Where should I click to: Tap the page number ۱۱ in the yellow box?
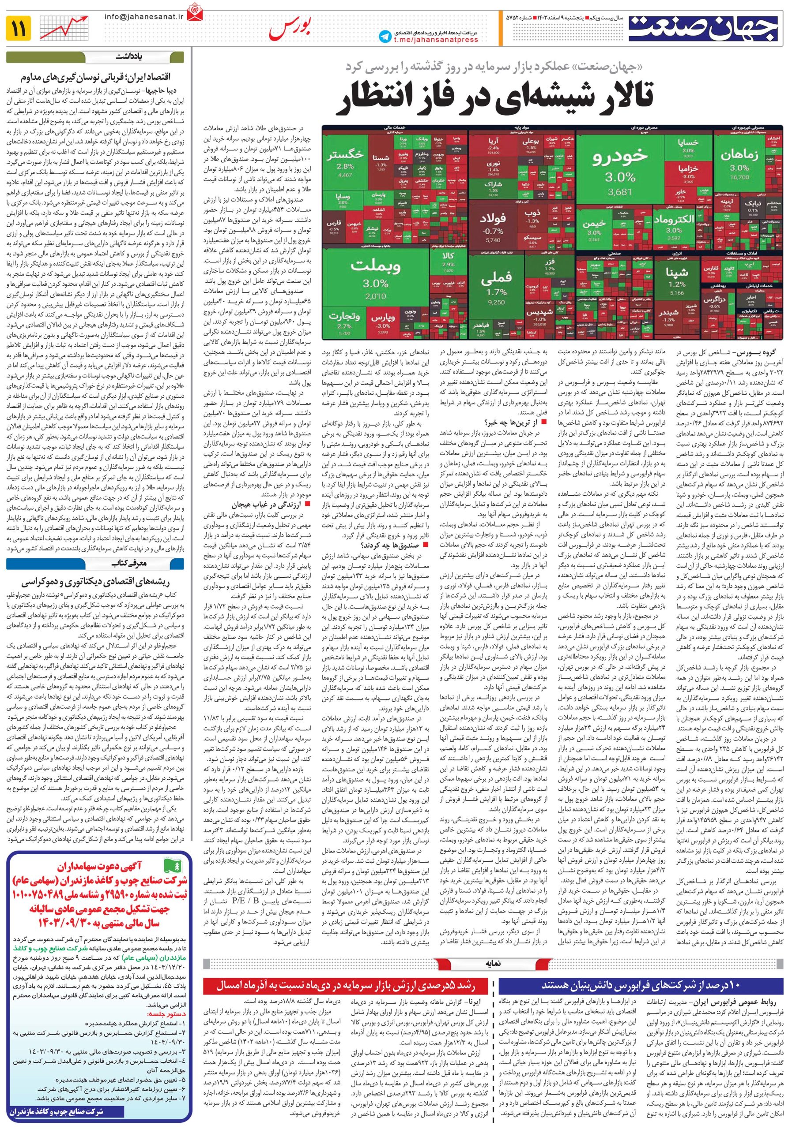click(19, 29)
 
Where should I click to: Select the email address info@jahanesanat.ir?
click(143, 16)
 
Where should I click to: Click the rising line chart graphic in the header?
click(64, 29)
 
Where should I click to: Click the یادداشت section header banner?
click(130, 56)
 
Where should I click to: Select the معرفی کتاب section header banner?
click(130, 564)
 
